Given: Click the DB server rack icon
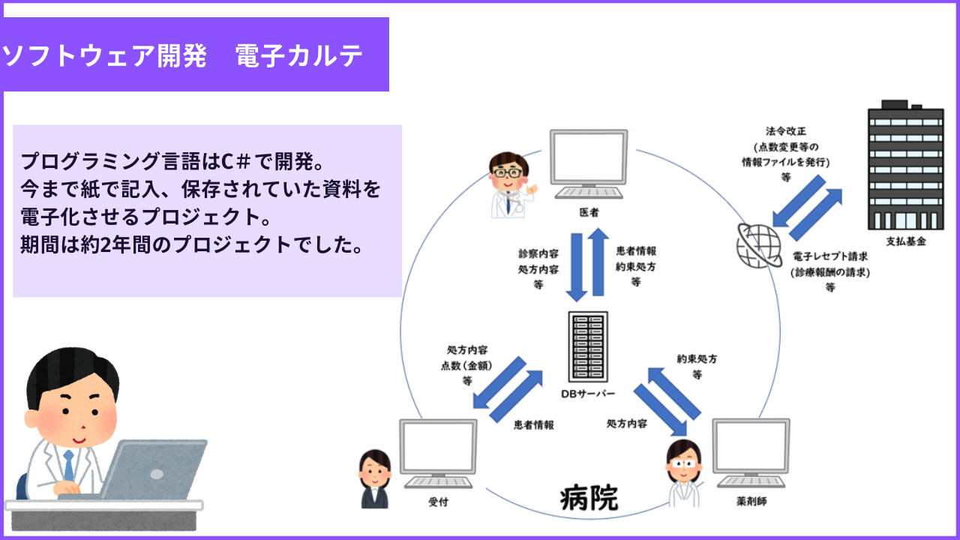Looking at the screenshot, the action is pyautogui.click(x=588, y=346).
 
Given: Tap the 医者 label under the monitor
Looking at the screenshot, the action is pyautogui.click(x=589, y=212).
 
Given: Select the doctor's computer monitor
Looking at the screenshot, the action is pyautogui.click(x=589, y=164).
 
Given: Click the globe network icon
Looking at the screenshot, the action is pyautogui.click(x=759, y=245).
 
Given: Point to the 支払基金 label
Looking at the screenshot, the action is pyautogui.click(x=906, y=241).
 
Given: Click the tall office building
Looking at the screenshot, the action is pyautogui.click(x=905, y=165).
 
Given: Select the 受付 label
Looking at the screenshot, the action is pyautogui.click(x=438, y=502).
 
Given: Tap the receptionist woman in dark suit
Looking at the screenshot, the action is pyautogui.click(x=375, y=479).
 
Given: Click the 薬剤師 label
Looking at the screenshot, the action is pyautogui.click(x=751, y=502).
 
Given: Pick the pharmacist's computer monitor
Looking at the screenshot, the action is pyautogui.click(x=751, y=454).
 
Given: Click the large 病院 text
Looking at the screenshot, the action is pyautogui.click(x=589, y=498).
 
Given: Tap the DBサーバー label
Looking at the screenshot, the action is pyautogui.click(x=588, y=394).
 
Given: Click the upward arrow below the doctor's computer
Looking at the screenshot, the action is pyautogui.click(x=598, y=262).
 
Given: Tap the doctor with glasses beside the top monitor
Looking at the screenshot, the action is pyautogui.click(x=511, y=185).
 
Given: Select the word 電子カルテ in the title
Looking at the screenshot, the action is pyautogui.click(x=299, y=55).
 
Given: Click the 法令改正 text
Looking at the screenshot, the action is pyautogui.click(x=786, y=131).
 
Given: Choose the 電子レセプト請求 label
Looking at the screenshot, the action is pyautogui.click(x=830, y=256).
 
